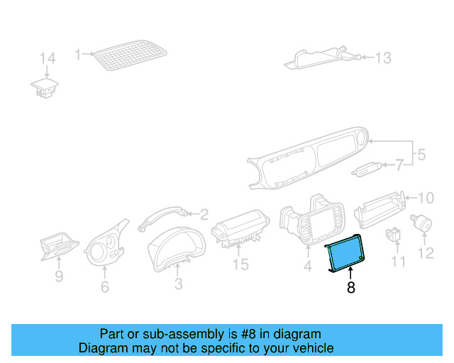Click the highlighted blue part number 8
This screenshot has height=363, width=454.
tap(345, 255)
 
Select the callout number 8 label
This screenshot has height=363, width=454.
tap(350, 288)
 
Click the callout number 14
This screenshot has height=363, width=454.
tap(47, 58)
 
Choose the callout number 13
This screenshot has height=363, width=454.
tap(382, 58)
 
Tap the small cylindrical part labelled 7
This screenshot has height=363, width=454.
tap(366, 169)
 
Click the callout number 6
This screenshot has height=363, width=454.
tap(105, 287)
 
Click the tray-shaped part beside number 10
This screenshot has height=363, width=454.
tap(380, 205)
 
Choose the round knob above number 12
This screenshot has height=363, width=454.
tap(424, 223)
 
